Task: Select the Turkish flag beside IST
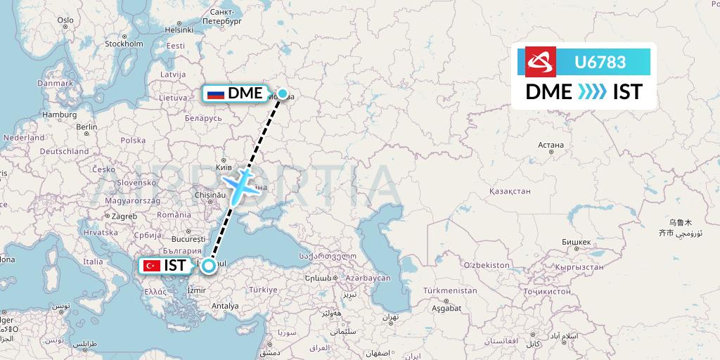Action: (150, 266)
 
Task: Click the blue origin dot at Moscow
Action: (283, 93)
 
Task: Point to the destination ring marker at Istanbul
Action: (209, 266)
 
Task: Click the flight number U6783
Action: (600, 62)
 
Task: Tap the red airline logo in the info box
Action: (541, 62)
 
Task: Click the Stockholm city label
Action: (124, 44)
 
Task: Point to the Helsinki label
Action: (179, 30)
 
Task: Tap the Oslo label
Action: (65, 20)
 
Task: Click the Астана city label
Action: (551, 146)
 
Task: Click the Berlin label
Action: (86, 127)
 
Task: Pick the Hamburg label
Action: (59, 115)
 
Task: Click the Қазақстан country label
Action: (509, 191)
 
